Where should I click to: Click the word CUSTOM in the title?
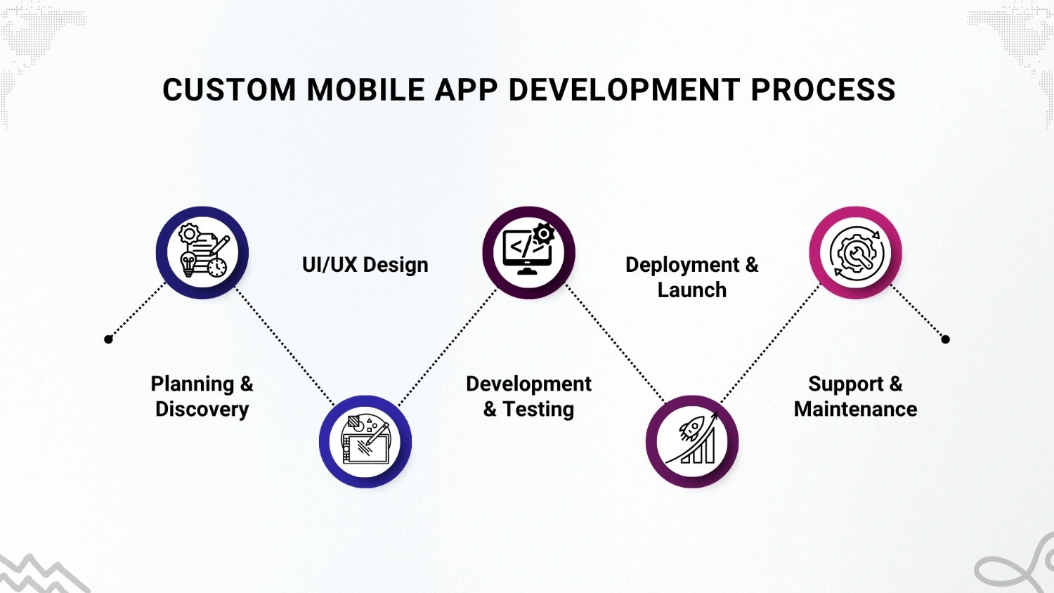coord(229,91)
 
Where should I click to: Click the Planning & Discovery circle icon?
coord(202,253)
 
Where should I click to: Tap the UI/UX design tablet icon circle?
coord(365,442)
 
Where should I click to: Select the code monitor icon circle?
coord(528,253)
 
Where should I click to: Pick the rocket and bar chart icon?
coord(692,442)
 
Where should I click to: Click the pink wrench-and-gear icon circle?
coord(855,253)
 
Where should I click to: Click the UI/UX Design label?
coord(365,265)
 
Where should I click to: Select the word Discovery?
coord(202,410)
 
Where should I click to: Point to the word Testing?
coord(538,410)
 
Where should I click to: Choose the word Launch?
coord(692,290)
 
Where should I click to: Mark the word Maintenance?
coord(855,410)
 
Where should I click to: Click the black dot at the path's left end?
coord(108,339)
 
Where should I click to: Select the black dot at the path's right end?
coord(946,339)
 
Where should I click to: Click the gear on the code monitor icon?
coord(543,234)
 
